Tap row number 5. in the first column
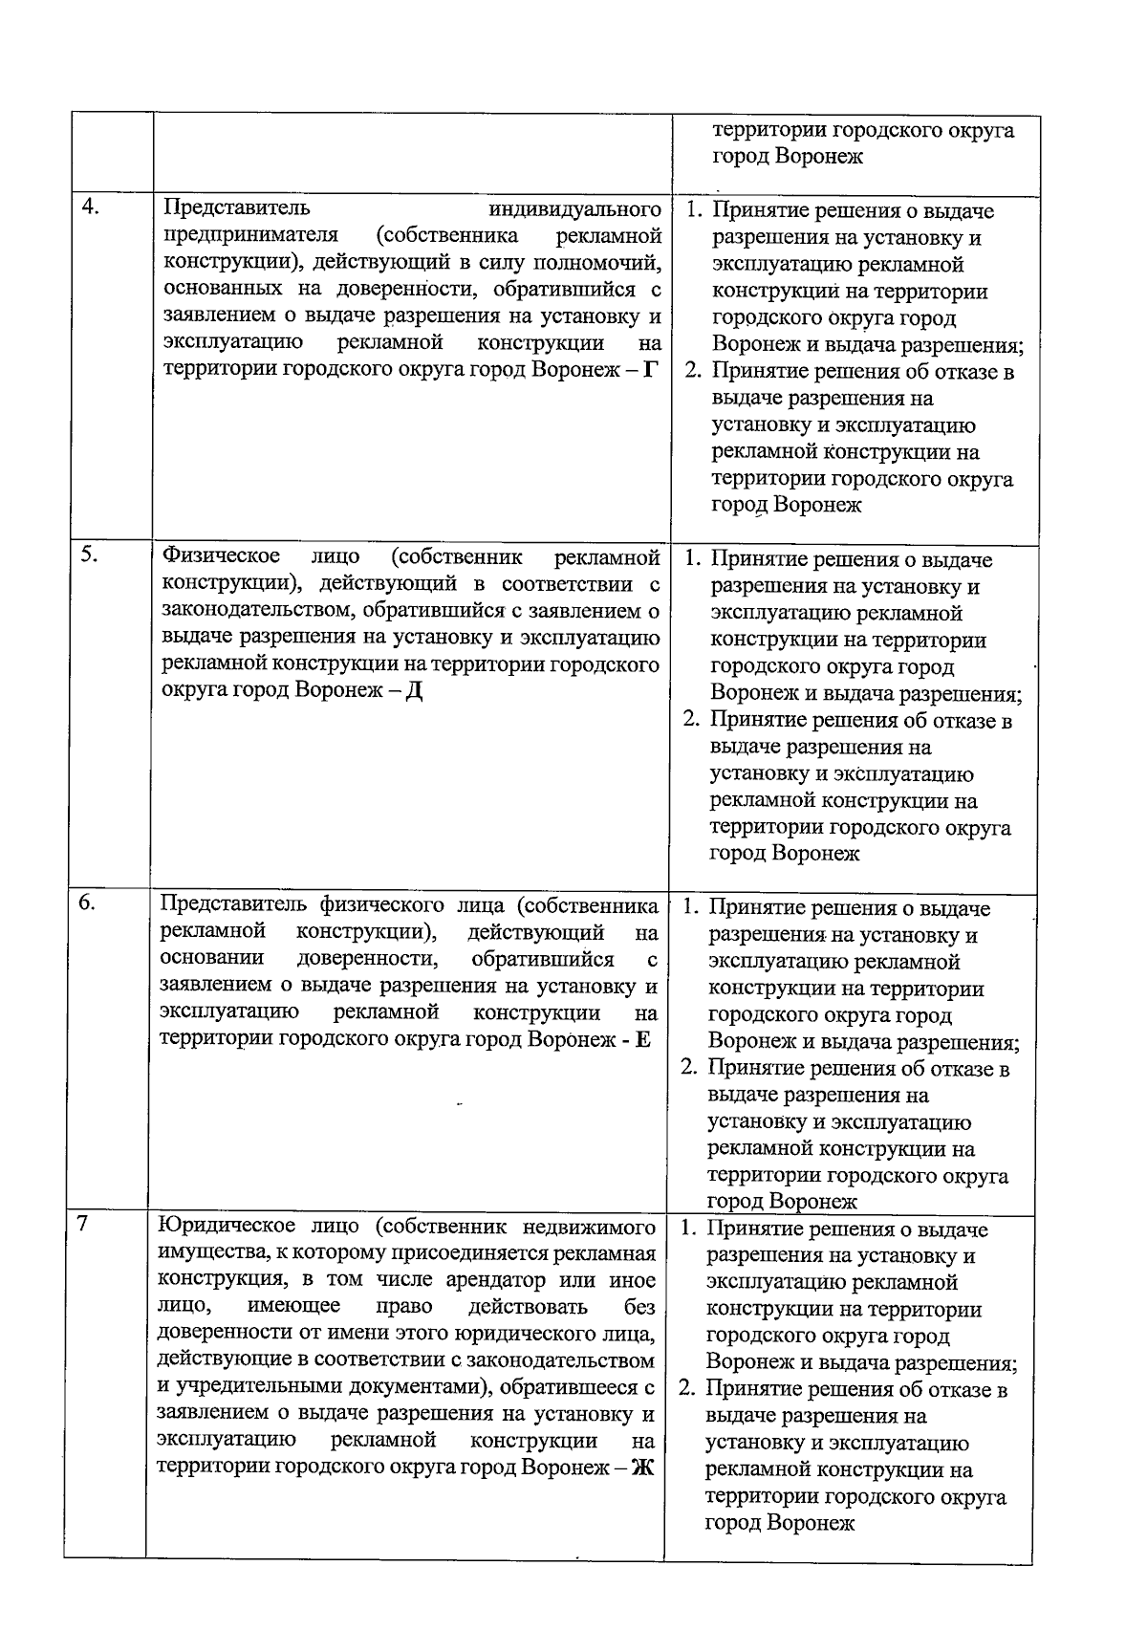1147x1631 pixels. pyautogui.click(x=90, y=555)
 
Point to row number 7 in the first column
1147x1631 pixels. pyautogui.click(x=83, y=1225)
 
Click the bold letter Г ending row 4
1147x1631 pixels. pyautogui.click(x=650, y=370)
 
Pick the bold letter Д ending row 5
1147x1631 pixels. pyautogui.click(x=414, y=691)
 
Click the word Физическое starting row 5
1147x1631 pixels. pyautogui.click(x=221, y=556)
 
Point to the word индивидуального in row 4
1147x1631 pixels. pyautogui.click(x=574, y=209)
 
